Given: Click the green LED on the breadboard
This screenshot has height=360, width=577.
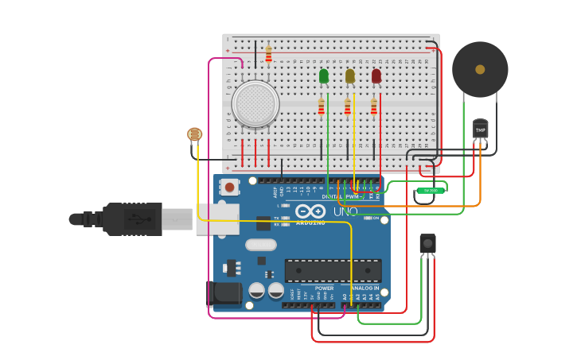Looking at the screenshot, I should tap(324, 76).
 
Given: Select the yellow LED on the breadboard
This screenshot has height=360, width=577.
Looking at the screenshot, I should tap(350, 76).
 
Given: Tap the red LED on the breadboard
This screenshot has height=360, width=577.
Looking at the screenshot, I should tap(376, 76).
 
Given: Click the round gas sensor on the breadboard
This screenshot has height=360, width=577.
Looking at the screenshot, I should tap(255, 103).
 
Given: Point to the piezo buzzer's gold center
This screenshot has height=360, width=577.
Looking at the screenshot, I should tap(480, 69).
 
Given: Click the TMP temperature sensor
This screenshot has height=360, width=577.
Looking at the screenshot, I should tap(480, 129).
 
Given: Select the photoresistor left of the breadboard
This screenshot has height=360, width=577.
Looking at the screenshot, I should tap(195, 134).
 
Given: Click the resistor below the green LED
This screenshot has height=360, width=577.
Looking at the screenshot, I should tap(322, 106).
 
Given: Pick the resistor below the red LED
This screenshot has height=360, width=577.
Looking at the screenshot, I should tap(374, 106).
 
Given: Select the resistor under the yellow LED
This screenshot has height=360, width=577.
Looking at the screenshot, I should tap(348, 106).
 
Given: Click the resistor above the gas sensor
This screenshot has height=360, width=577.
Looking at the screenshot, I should tap(268, 54).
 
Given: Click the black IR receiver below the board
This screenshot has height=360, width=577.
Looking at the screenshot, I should tap(427, 243).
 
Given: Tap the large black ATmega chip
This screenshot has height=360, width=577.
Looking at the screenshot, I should tap(333, 271).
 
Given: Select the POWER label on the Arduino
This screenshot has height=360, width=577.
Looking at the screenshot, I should tap(324, 288).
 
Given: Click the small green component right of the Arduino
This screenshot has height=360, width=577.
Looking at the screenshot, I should tap(431, 190).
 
